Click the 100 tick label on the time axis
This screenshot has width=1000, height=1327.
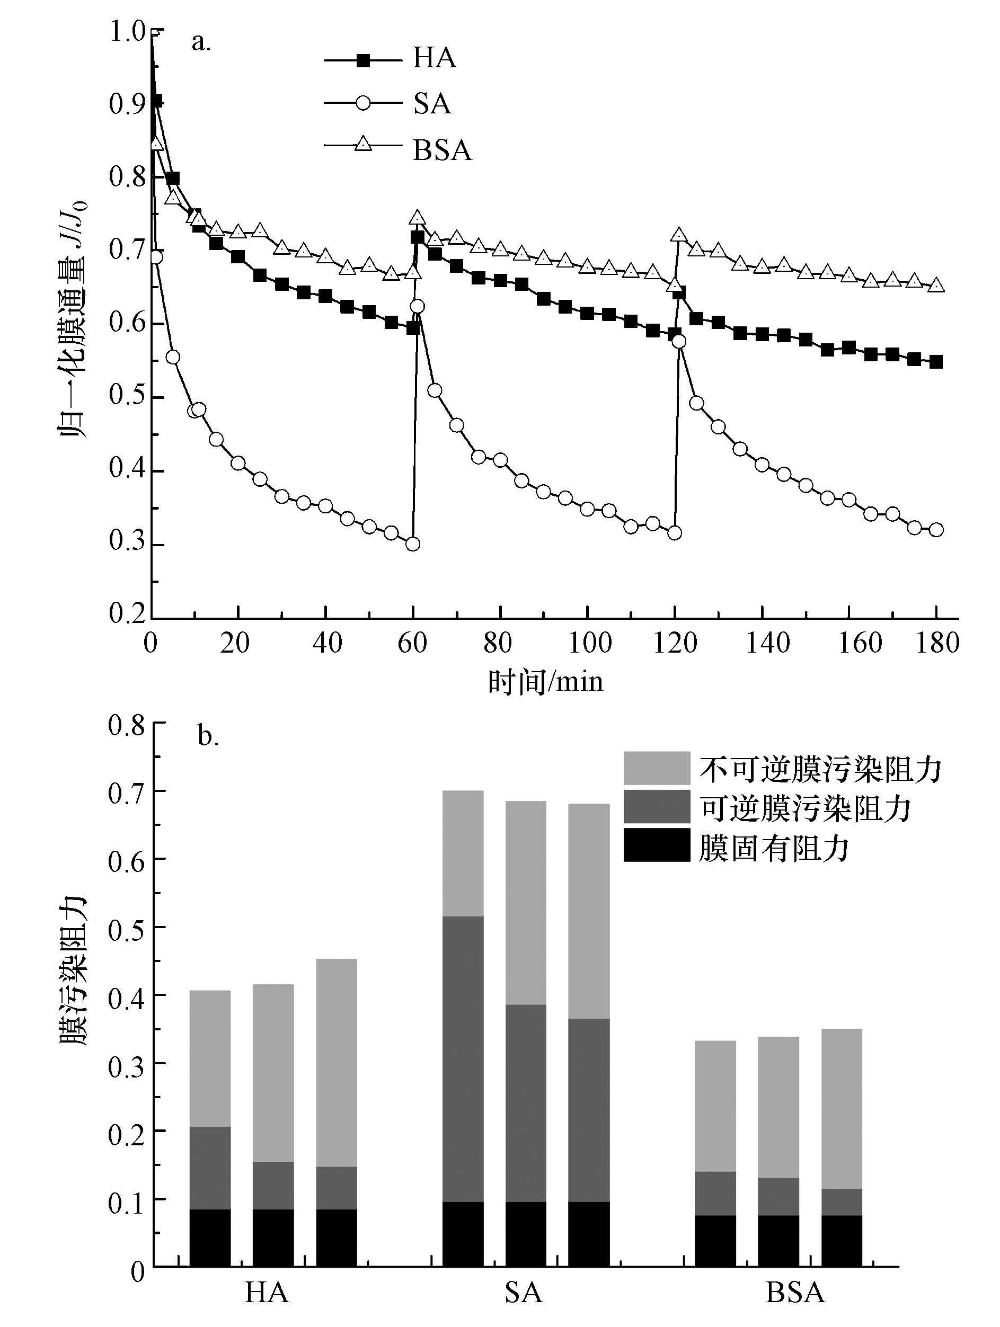click(589, 643)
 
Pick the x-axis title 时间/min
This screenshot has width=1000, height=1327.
click(545, 682)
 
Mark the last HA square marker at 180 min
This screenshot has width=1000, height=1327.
click(936, 362)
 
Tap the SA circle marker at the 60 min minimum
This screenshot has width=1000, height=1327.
click(413, 544)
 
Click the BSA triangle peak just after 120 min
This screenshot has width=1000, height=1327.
click(679, 235)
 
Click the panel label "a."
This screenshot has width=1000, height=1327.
click(201, 42)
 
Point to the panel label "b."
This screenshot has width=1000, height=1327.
click(208, 737)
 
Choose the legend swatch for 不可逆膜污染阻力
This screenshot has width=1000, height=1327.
click(657, 768)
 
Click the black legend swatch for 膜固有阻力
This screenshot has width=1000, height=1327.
click(657, 845)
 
